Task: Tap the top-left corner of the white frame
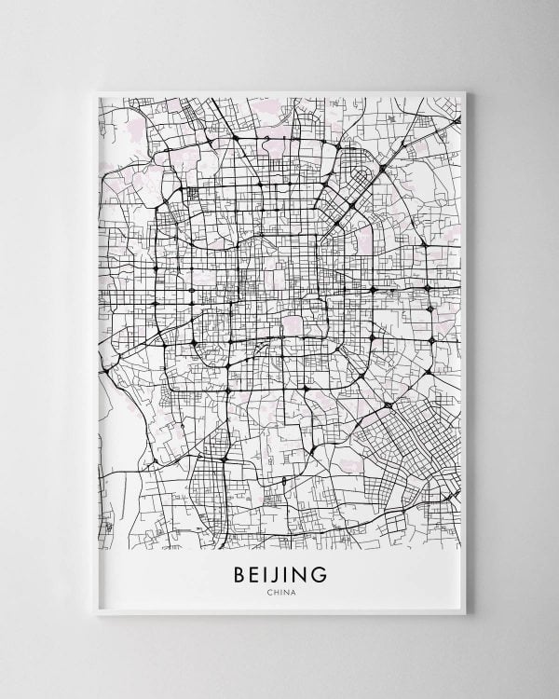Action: coord(96,91)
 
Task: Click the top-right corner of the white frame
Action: coord(465,91)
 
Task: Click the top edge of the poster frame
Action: coord(279,92)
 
